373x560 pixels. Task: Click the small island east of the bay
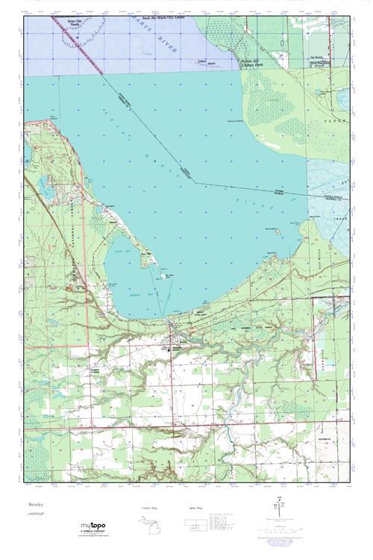[276, 231]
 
